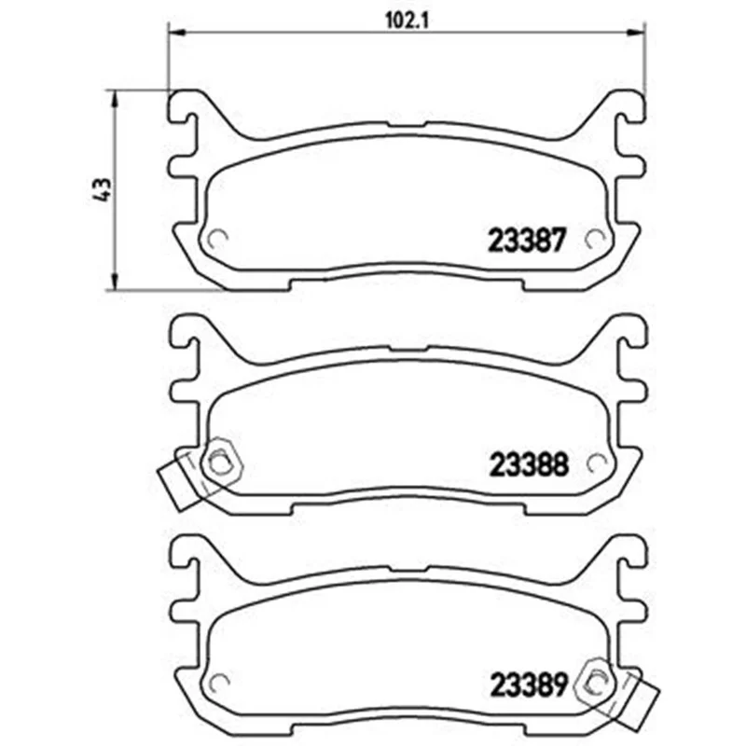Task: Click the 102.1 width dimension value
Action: coord(407,21)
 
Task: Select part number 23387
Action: coord(528,240)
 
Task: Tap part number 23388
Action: coord(529,464)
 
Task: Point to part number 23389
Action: coord(529,685)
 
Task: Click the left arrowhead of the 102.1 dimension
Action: coord(176,33)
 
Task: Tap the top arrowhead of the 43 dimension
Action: coord(114,99)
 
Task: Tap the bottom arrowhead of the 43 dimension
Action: coord(114,281)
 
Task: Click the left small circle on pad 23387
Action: coord(219,239)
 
